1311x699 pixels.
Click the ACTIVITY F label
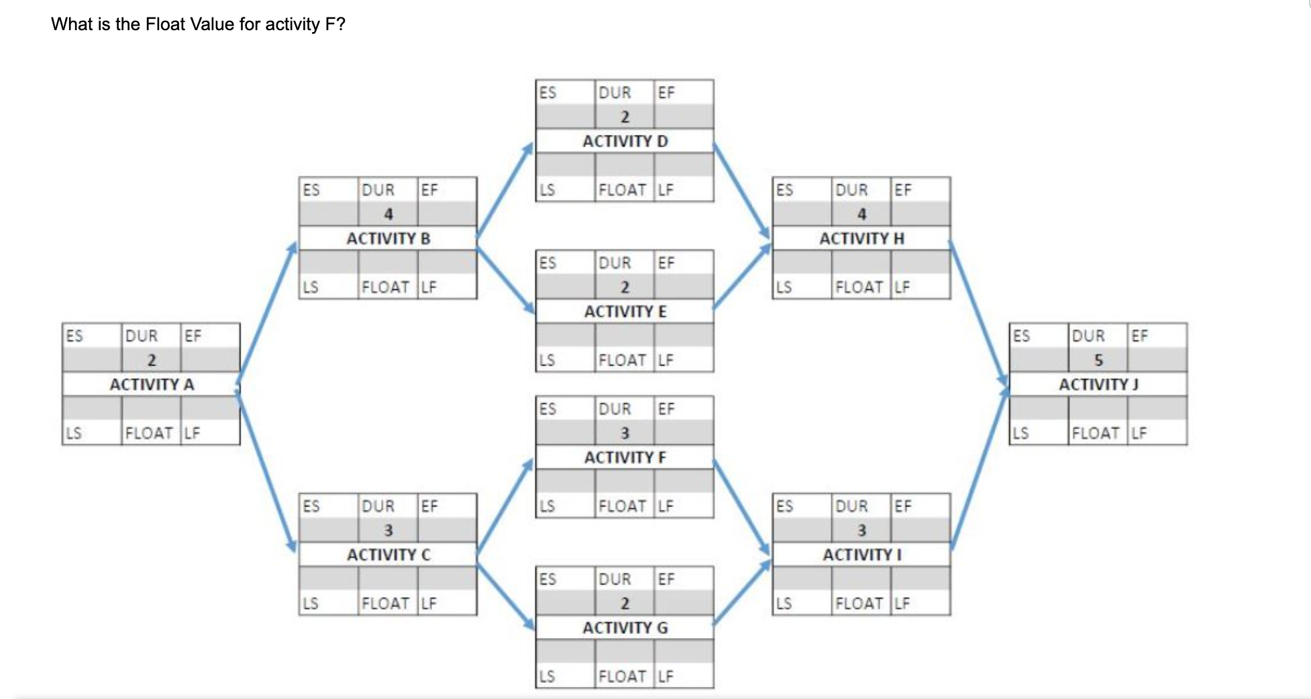[625, 458]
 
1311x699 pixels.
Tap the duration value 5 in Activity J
[1098, 360]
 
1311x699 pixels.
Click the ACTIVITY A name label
[152, 384]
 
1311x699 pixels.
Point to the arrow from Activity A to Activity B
[267, 312]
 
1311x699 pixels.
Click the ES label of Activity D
[547, 93]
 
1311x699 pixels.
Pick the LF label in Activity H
[902, 287]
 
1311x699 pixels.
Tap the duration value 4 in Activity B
[388, 215]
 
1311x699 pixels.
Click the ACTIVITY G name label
[625, 628]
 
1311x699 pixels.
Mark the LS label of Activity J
[1020, 433]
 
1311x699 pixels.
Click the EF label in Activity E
[666, 263]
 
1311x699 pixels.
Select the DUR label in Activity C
[378, 506]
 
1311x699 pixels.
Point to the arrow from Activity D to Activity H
[741, 190]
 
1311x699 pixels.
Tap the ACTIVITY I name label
[861, 555]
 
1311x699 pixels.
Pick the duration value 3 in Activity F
[625, 433]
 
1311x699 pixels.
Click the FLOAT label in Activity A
[149, 433]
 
